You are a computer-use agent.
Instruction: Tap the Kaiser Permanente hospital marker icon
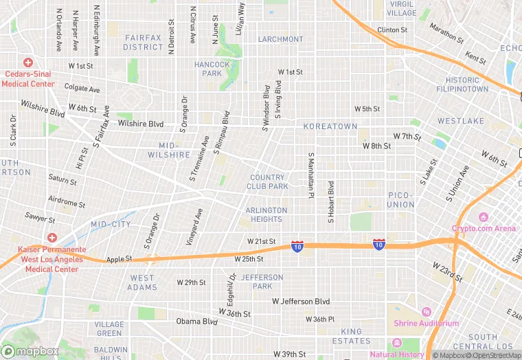(x=52, y=237)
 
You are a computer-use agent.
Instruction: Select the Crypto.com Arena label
(x=484, y=228)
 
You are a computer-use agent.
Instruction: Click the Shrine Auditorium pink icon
(x=426, y=313)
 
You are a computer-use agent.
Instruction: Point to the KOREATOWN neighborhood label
(x=330, y=126)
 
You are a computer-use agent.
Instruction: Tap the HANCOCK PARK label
(x=212, y=69)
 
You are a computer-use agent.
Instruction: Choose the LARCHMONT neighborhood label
(x=280, y=39)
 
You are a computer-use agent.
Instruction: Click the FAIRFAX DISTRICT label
(x=143, y=43)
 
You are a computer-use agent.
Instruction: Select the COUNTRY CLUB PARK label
(x=268, y=182)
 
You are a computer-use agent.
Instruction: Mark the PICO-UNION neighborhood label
(x=400, y=200)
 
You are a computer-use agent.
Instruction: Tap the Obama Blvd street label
(x=196, y=321)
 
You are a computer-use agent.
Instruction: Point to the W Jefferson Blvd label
(x=301, y=302)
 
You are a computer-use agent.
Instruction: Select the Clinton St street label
(x=392, y=30)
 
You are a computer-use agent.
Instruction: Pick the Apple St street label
(x=117, y=260)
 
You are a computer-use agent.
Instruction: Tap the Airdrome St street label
(x=67, y=201)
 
